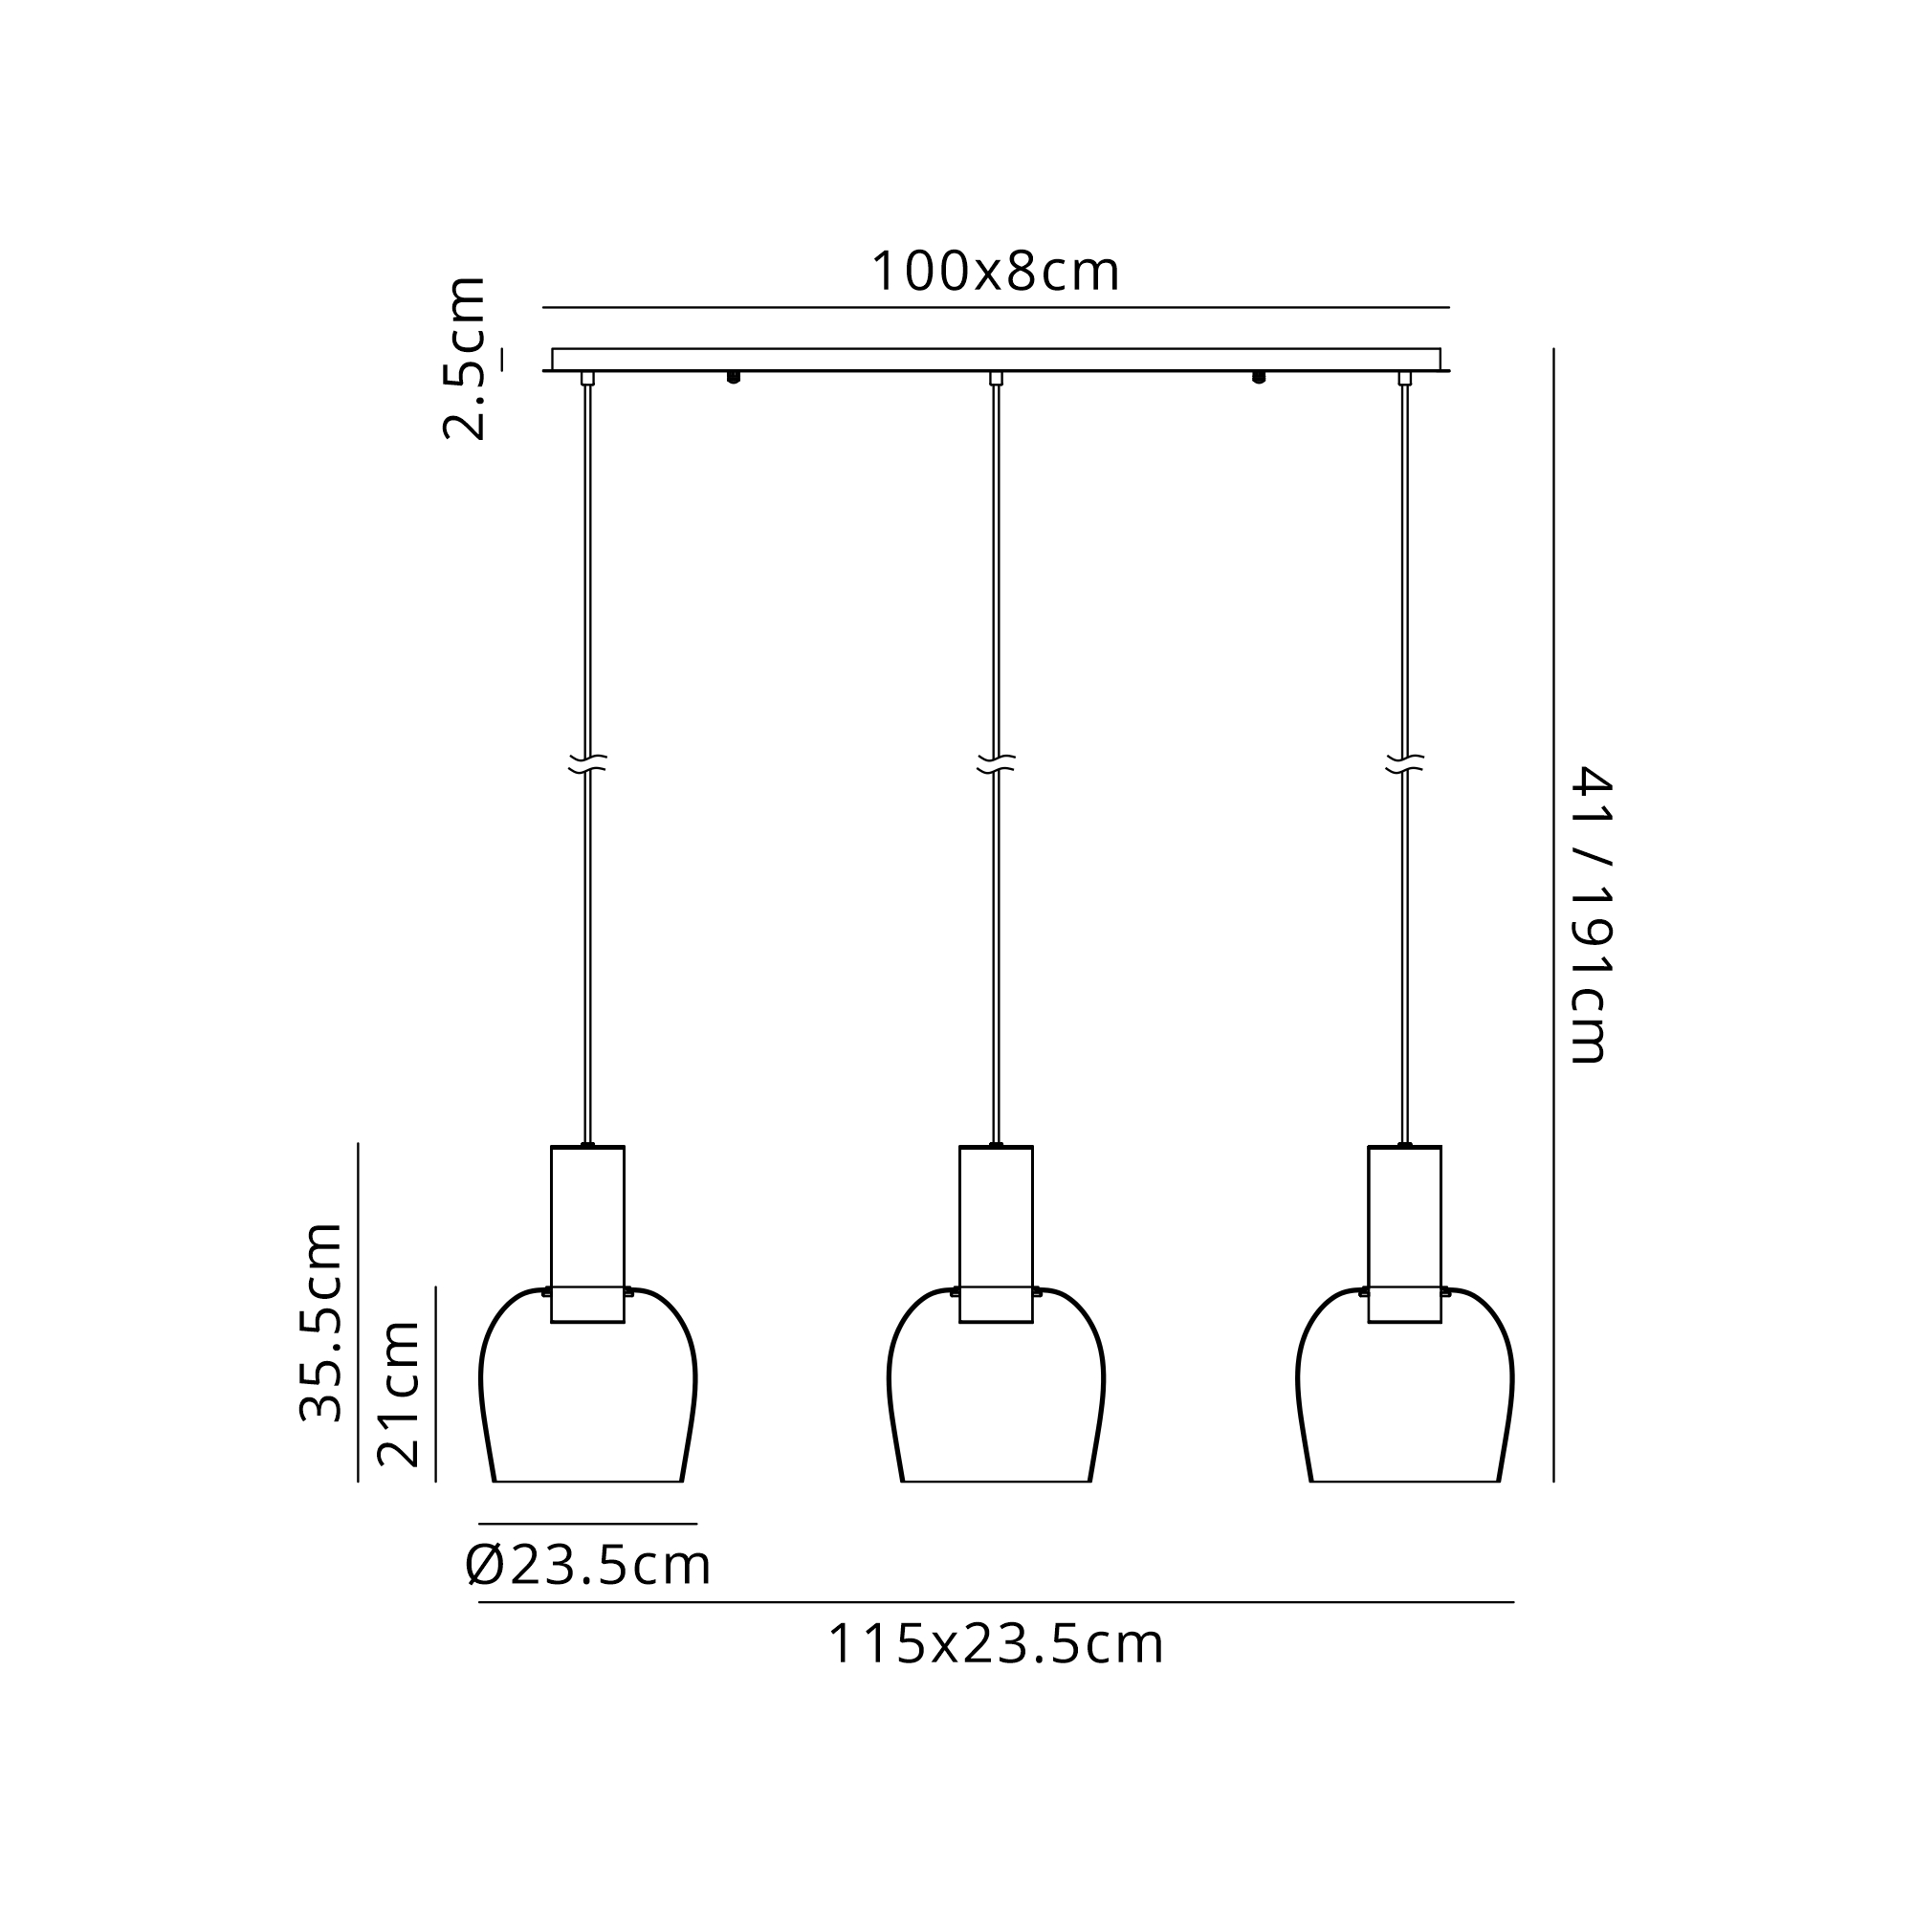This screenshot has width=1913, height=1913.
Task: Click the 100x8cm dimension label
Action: point(995,272)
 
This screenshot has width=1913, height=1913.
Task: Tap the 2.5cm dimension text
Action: point(463,358)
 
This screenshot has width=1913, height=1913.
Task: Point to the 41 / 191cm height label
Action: point(1593,913)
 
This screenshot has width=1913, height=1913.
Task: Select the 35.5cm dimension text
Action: point(320,1322)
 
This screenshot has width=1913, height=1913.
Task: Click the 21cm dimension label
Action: point(398,1395)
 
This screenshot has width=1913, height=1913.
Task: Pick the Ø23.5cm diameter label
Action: point(588,1566)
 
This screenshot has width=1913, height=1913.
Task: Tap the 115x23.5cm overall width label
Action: point(995,1644)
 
